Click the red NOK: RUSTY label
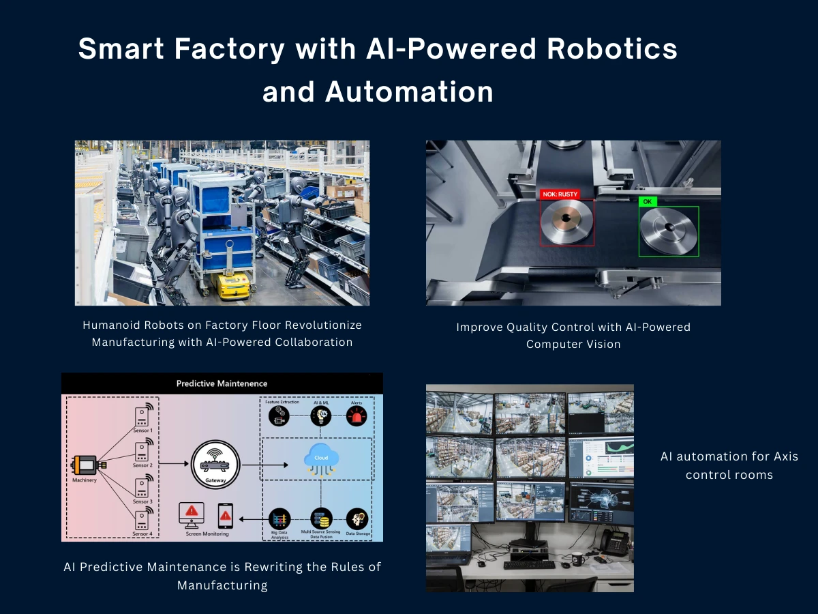(x=560, y=194)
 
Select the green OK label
(x=647, y=202)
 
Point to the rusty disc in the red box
(x=565, y=222)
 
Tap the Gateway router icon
(x=215, y=463)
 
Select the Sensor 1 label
(x=142, y=431)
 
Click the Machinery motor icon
(x=85, y=465)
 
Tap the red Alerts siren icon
(x=357, y=416)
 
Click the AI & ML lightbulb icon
(x=320, y=416)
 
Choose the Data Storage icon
(x=357, y=518)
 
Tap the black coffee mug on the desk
(x=577, y=558)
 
